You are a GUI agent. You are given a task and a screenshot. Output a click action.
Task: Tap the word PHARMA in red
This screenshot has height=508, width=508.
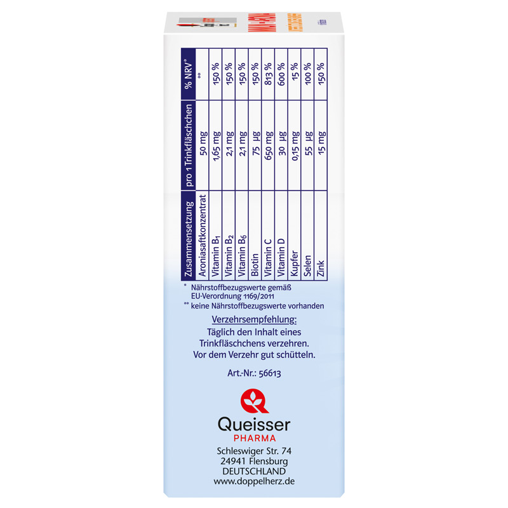point(254,438)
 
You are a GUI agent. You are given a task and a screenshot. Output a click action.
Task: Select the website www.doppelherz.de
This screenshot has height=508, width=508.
point(254,481)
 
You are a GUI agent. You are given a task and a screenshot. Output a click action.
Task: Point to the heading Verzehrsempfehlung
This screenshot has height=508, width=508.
point(254,319)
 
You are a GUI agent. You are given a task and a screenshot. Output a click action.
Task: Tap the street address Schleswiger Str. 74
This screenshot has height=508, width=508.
point(254,451)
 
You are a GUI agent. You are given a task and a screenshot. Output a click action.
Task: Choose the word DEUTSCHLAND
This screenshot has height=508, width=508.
point(254,471)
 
